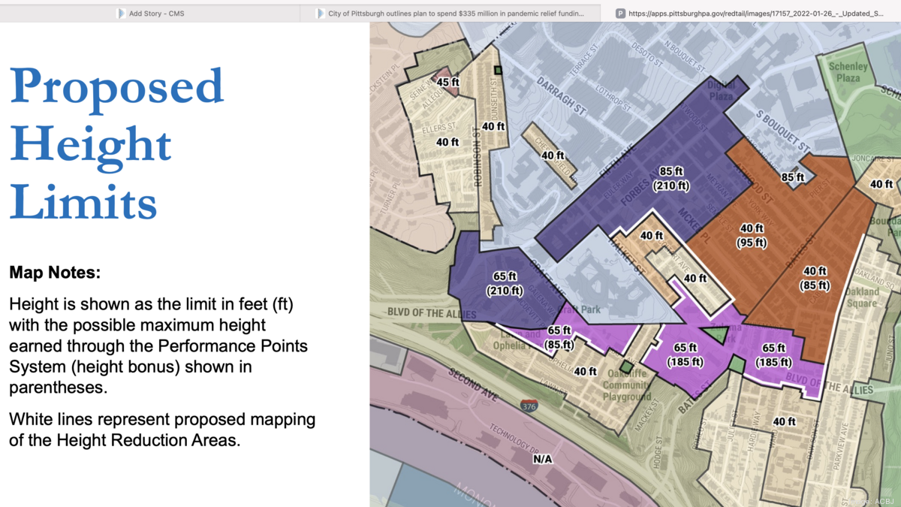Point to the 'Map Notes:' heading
click(55, 273)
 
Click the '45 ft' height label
click(448, 83)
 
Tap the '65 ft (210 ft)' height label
click(505, 283)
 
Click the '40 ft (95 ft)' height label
click(752, 235)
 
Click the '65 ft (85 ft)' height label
click(559, 338)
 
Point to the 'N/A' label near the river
click(542, 459)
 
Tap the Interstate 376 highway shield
click(529, 406)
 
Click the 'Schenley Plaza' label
click(848, 72)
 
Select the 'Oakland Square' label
click(862, 297)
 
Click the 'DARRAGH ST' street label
click(561, 95)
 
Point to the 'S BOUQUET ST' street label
click(782, 129)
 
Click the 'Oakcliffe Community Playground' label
click(626, 385)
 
